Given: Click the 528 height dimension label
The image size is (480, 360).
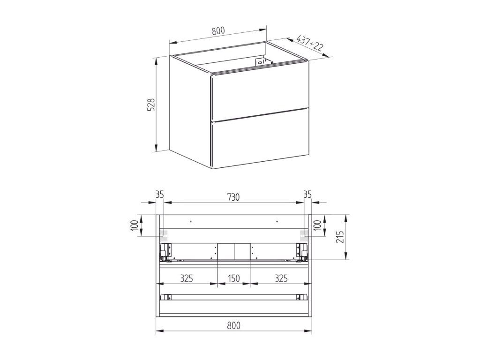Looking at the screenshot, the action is [x=152, y=105].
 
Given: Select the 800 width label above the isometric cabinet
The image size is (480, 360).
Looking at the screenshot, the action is [x=218, y=30].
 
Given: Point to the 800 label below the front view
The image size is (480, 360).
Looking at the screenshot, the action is [x=234, y=325].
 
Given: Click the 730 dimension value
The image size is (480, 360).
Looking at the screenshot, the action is [x=233, y=197].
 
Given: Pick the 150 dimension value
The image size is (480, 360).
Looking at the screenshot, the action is [x=233, y=278].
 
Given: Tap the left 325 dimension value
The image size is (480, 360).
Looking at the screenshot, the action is [x=186, y=278].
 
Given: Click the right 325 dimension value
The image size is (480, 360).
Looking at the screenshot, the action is [x=281, y=278].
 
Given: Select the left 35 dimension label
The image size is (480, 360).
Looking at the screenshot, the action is [x=160, y=195].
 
